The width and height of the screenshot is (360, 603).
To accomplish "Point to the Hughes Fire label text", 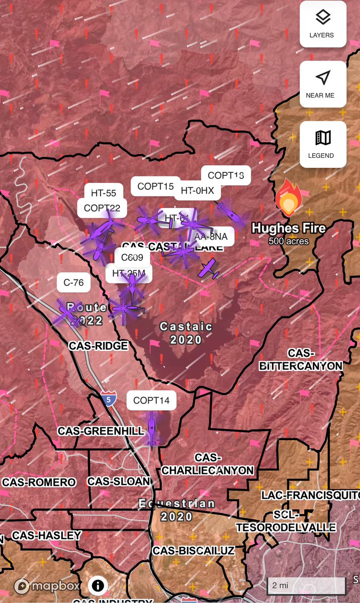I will (289, 228).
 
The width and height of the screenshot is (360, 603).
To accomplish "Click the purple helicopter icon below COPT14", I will (152, 429).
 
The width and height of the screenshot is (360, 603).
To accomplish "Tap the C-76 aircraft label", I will (73, 282).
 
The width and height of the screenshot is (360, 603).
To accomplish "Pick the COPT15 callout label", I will (155, 186).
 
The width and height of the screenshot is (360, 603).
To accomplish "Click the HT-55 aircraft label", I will (104, 192).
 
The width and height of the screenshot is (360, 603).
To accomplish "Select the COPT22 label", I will (102, 208).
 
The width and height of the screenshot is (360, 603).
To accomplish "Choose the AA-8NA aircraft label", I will (211, 236).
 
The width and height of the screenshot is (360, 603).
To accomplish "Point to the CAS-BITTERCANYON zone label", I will (301, 360).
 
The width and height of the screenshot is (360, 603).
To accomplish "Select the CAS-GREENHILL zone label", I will (101, 431).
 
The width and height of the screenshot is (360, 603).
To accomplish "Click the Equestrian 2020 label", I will (177, 510).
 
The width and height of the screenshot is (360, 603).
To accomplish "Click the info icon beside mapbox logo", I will (98, 585).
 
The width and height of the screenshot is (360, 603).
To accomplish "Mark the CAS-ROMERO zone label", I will (39, 482).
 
